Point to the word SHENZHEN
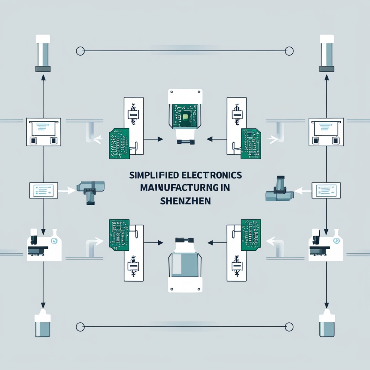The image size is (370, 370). (185, 201)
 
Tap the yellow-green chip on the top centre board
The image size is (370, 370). (185, 116)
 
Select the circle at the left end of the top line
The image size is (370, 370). (80, 51)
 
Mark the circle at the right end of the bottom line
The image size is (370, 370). (289, 327)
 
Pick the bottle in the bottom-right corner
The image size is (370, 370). (327, 325)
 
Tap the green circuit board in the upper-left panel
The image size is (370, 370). (119, 143)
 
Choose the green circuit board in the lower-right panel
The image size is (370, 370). (251, 235)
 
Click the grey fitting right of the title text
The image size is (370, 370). (279, 190)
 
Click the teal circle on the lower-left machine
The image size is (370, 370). (54, 241)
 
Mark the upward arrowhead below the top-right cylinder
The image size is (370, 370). (327, 77)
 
